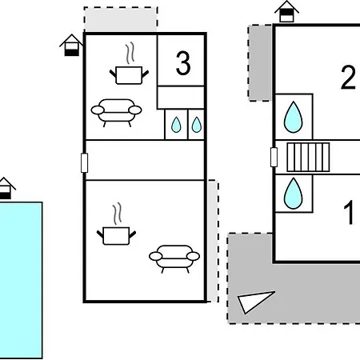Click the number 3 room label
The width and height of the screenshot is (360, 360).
(183, 63)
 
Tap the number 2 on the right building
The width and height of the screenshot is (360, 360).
(349, 77)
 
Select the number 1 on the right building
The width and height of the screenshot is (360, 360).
(349, 213)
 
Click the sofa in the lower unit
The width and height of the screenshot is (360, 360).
(174, 258)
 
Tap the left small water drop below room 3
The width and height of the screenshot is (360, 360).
(176, 125)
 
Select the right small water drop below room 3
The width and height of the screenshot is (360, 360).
(197, 125)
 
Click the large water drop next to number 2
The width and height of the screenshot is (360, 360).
(294, 118)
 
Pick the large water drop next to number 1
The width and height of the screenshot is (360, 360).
(294, 194)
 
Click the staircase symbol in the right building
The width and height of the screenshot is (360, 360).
(308, 158)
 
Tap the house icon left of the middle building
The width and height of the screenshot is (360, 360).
(71, 45)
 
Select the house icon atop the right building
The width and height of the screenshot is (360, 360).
(286, 11)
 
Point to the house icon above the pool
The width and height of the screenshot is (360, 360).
(5, 188)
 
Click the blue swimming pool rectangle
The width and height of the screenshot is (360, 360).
(21, 280)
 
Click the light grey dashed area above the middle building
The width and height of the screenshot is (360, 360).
(121, 19)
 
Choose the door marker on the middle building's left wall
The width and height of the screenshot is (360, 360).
(84, 163)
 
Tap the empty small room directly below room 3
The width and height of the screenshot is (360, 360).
(181, 98)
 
